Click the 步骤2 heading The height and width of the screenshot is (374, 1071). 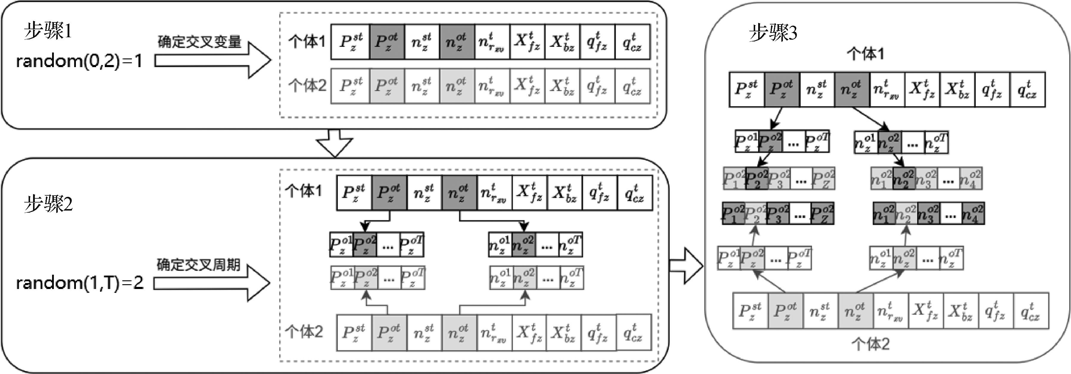tap(48, 204)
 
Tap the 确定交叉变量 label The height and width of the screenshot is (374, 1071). tap(199, 42)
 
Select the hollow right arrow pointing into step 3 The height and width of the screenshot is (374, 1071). tap(686, 266)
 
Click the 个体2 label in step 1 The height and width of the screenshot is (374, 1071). tap(307, 85)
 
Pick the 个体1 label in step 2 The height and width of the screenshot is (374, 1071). tap(304, 191)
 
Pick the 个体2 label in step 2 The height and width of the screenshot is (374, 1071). tap(304, 332)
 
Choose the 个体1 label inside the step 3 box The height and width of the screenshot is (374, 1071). tap(866, 54)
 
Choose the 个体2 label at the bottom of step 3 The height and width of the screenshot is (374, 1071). tap(870, 344)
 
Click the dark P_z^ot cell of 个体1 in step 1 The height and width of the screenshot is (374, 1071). tap(387, 42)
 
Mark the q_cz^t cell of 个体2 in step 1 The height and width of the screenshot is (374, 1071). tap(632, 86)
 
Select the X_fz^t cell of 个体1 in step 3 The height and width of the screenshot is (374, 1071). tap(922, 89)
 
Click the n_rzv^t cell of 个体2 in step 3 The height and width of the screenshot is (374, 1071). tap(890, 311)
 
